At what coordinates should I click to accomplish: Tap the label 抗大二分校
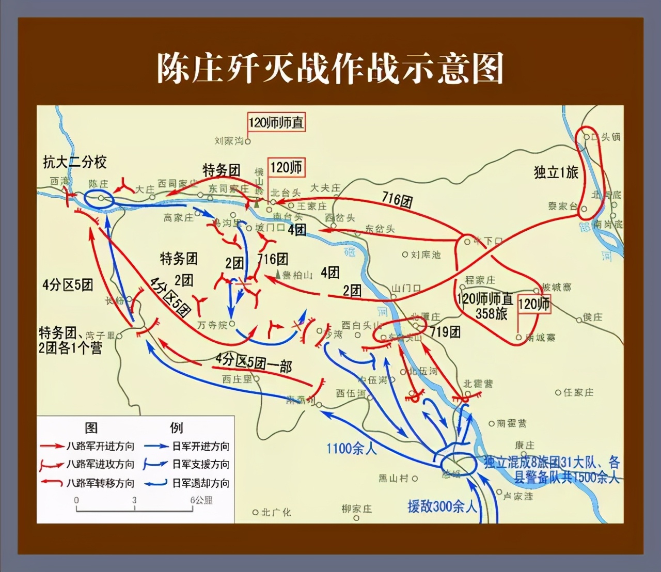(x=75, y=162)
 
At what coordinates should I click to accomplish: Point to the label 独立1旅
(x=556, y=172)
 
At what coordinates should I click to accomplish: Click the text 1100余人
(x=352, y=448)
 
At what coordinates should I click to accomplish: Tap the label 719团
(x=445, y=331)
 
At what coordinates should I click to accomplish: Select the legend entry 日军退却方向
(x=201, y=483)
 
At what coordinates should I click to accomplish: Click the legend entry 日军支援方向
(x=201, y=464)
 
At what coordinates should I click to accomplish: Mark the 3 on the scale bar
(x=134, y=500)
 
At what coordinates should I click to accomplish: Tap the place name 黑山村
(x=393, y=478)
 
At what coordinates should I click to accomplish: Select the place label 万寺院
(x=212, y=325)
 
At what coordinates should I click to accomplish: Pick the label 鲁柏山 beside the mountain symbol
(x=297, y=275)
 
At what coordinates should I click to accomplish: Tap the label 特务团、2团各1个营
(x=70, y=341)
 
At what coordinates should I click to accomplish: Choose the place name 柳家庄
(x=356, y=509)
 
